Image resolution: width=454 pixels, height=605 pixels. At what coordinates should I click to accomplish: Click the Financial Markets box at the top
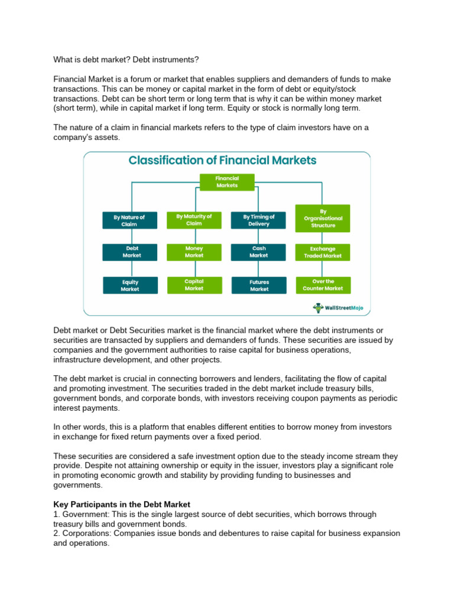click(227, 181)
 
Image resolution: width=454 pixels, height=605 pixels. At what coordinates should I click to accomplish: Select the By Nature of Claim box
click(129, 220)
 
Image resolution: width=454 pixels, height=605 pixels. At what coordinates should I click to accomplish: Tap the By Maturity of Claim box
click(194, 219)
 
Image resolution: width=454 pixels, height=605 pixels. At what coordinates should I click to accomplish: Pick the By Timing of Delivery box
click(259, 220)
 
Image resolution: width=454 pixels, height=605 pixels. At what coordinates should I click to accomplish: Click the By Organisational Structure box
click(323, 218)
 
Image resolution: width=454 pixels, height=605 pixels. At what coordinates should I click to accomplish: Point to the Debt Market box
click(132, 252)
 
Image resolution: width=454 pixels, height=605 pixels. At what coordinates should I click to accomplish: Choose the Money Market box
click(194, 252)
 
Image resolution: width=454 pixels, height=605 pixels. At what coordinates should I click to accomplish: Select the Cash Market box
click(259, 252)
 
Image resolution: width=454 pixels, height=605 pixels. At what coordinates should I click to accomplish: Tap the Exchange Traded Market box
click(323, 252)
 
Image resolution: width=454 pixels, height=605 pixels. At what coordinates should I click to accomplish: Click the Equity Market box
click(130, 286)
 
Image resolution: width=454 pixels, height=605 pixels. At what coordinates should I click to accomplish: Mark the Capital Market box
click(194, 285)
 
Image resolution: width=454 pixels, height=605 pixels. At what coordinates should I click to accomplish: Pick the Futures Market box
click(259, 286)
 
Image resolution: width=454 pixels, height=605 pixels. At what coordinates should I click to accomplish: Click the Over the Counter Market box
click(323, 285)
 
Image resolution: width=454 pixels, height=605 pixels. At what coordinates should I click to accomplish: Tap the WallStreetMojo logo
click(338, 307)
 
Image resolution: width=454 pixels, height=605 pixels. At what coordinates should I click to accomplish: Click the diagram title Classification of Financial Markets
click(223, 160)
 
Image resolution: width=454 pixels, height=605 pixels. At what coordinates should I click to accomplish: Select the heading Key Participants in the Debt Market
click(122, 505)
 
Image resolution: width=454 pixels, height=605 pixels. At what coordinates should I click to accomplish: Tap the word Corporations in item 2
click(86, 533)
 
